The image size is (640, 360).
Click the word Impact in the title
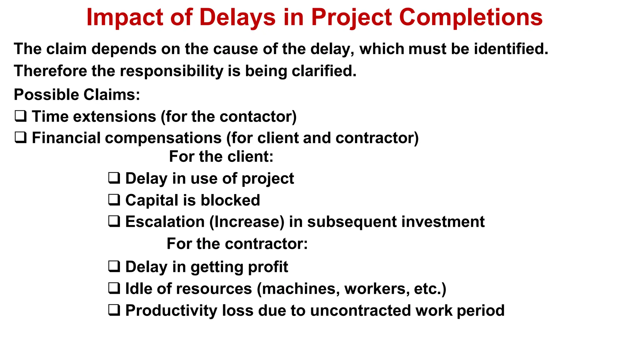[124, 17]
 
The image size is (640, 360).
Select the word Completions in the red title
[471, 17]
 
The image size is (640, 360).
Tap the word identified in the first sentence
[511, 49]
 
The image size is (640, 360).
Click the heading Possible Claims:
[77, 95]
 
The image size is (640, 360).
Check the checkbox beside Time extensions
[21, 116]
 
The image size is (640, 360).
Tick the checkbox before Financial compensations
[21, 138]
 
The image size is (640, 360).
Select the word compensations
[163, 138]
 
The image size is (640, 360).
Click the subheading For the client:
[221, 157]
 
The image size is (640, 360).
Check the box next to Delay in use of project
[114, 178]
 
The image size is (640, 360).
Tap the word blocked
[230, 200]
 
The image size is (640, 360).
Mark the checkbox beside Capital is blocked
[114, 200]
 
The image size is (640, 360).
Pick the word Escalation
[165, 222]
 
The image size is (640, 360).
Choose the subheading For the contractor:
[237, 244]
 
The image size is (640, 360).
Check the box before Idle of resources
[114, 288]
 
